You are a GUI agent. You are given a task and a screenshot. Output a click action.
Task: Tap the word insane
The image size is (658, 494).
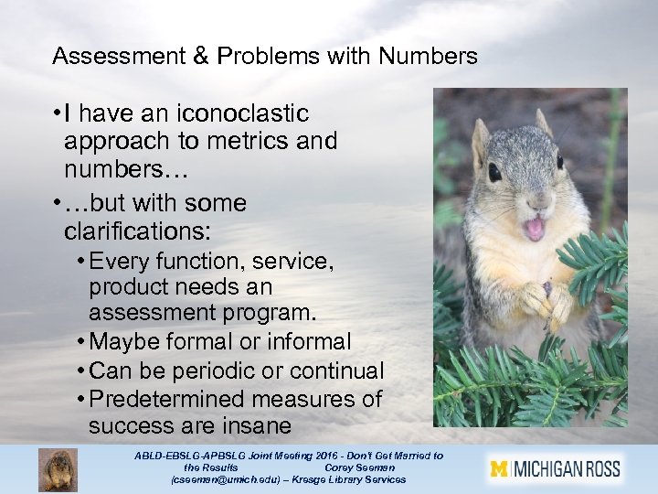(x=255, y=426)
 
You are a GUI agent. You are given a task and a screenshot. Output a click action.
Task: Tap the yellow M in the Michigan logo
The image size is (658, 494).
(x=499, y=470)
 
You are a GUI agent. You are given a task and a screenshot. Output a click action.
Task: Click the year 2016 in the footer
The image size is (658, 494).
(x=308, y=456)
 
